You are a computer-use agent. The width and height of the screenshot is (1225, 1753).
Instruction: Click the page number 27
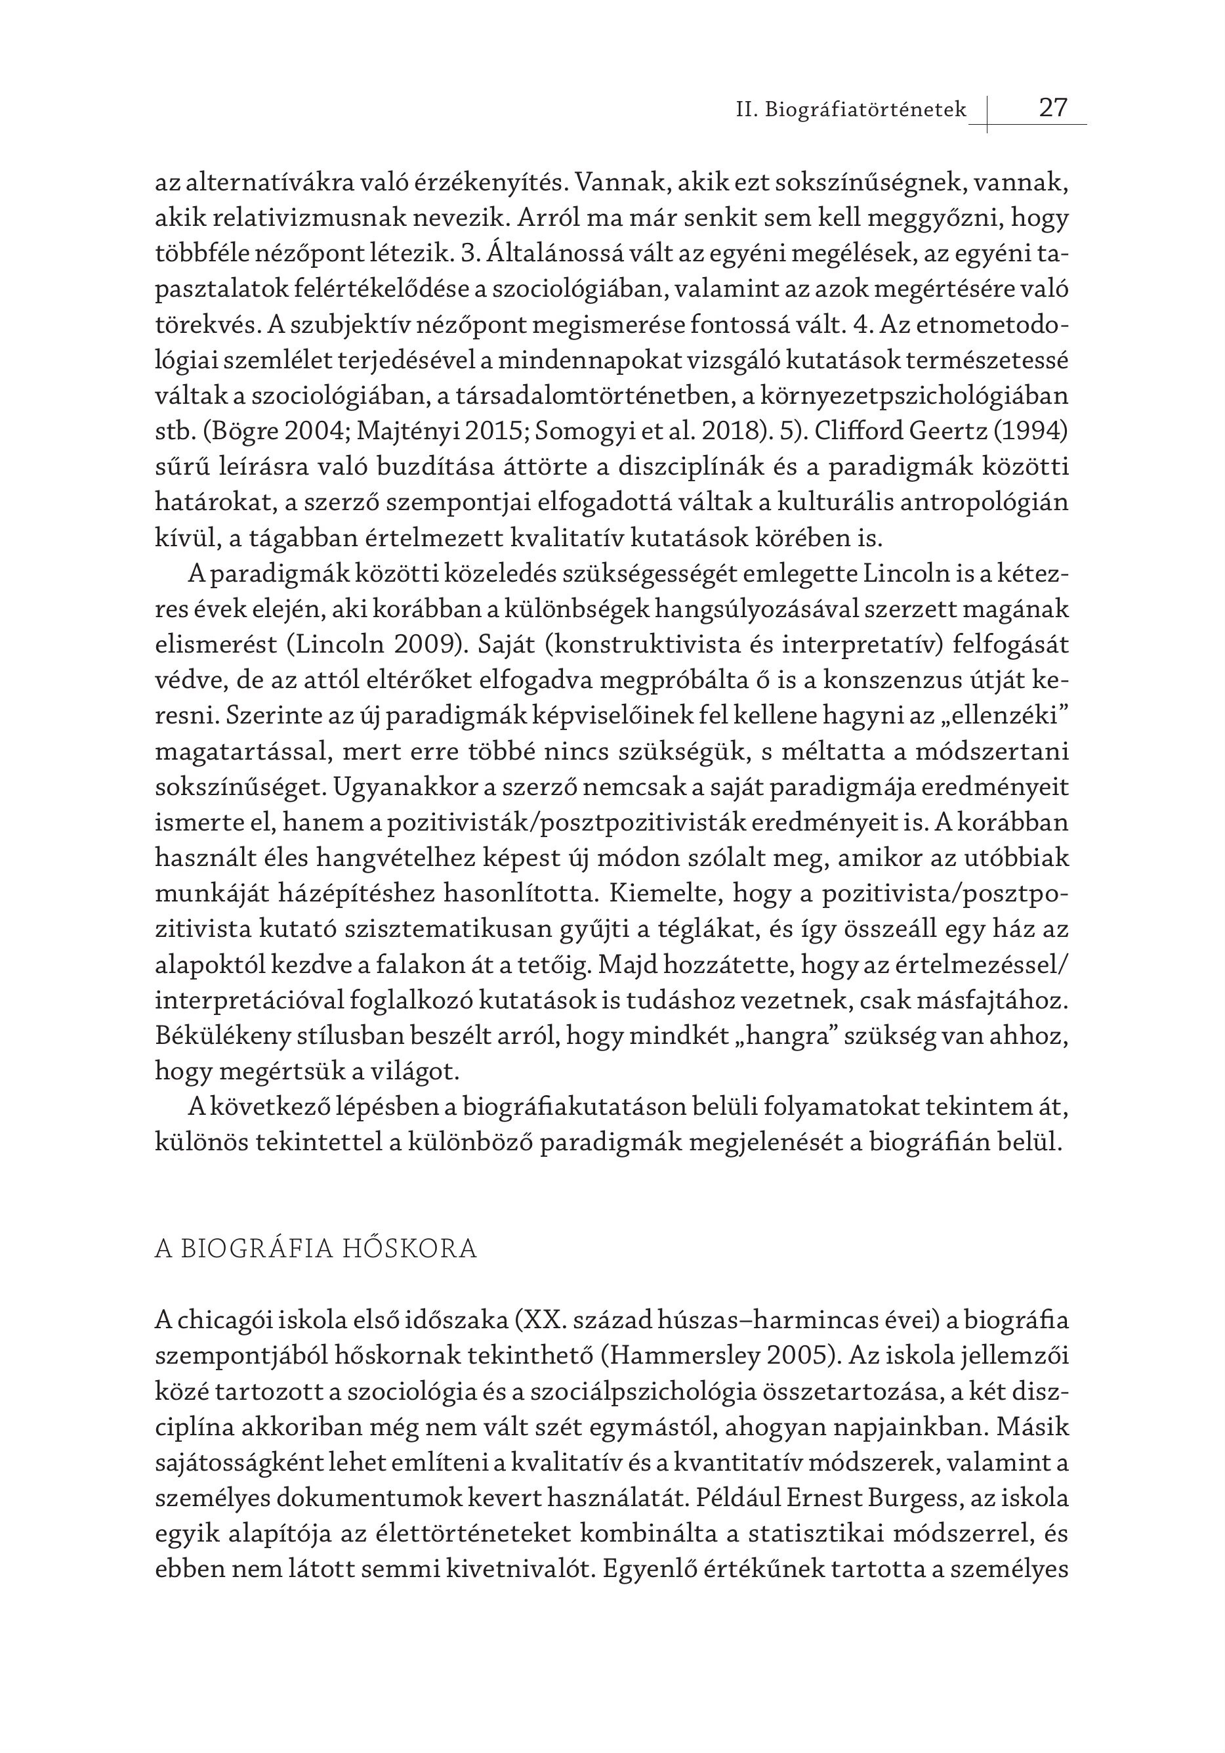pos(1052,108)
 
